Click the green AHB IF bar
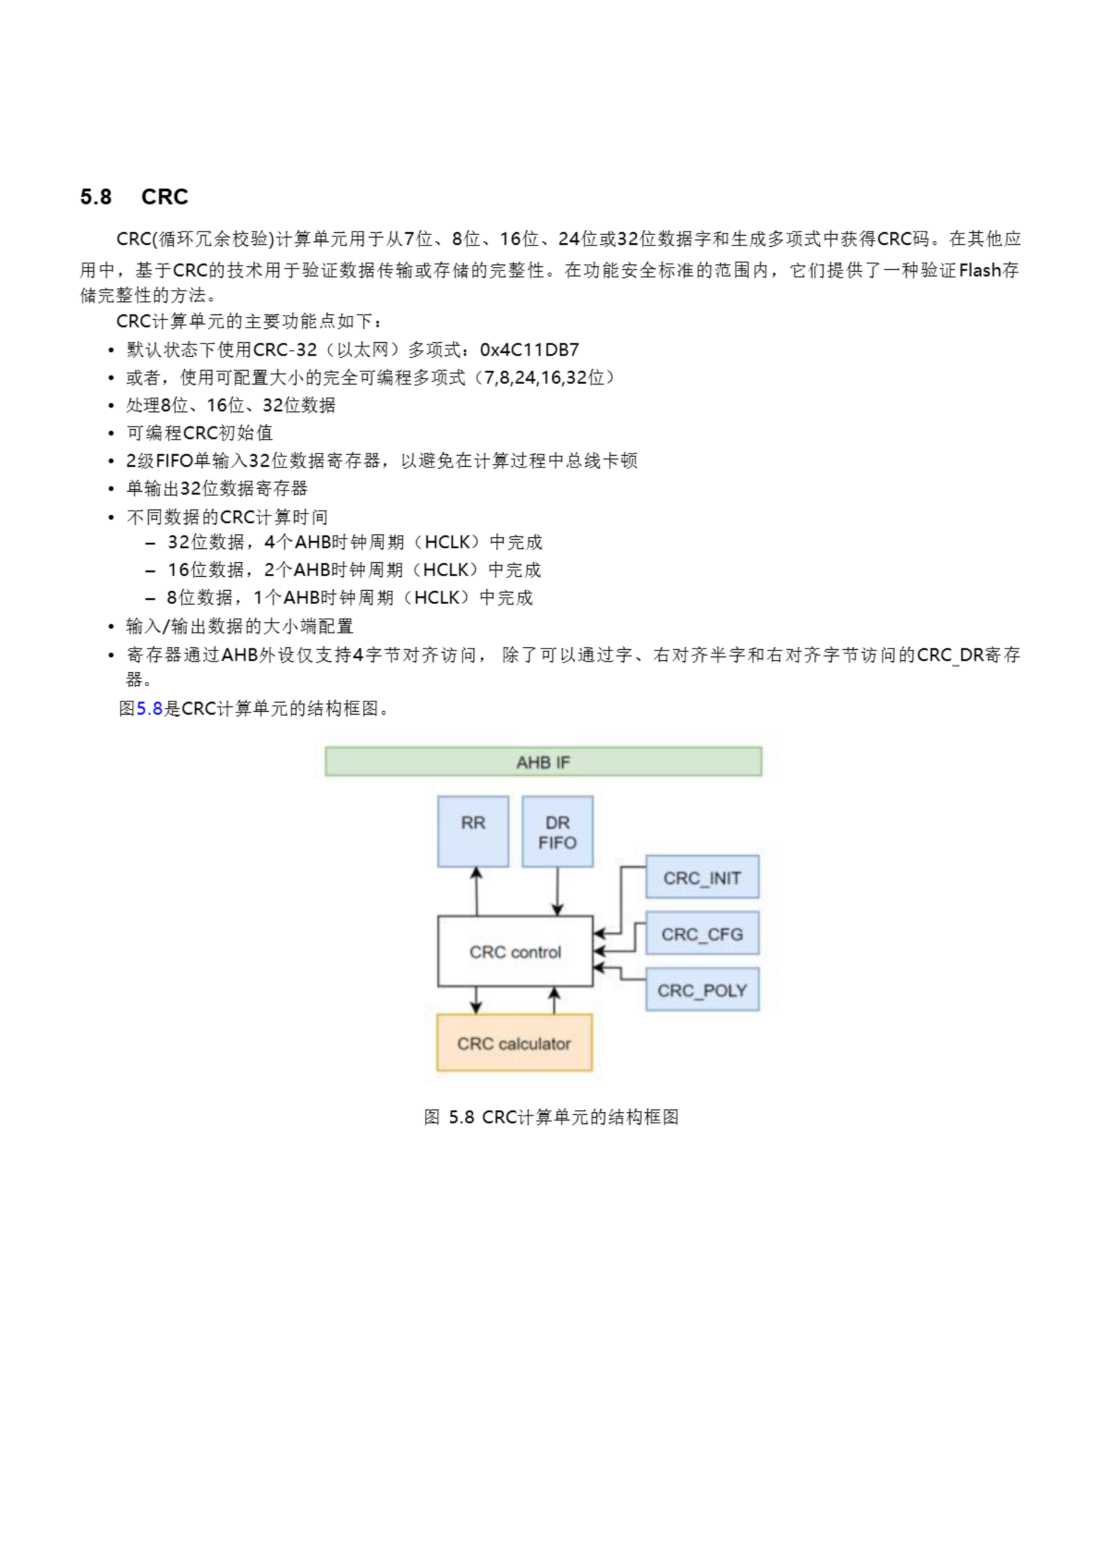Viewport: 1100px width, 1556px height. click(x=543, y=762)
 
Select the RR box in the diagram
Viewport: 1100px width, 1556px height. click(x=472, y=831)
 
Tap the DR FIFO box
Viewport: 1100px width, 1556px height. click(x=557, y=831)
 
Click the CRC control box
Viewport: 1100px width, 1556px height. click(x=515, y=951)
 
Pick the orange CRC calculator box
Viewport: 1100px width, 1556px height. click(x=514, y=1043)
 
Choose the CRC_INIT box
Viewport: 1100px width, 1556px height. click(x=701, y=877)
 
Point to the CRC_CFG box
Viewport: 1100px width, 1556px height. click(x=701, y=933)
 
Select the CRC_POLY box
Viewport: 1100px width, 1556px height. click(x=701, y=990)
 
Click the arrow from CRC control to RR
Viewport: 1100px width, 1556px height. click(x=476, y=891)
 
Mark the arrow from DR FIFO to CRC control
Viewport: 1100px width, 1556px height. click(x=557, y=891)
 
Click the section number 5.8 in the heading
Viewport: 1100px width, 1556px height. click(x=95, y=197)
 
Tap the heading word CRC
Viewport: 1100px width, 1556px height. click(x=165, y=197)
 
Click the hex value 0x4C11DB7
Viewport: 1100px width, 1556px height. click(x=529, y=349)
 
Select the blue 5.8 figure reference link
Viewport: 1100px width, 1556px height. click(x=149, y=709)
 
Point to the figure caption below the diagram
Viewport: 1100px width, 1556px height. click(x=551, y=1117)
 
